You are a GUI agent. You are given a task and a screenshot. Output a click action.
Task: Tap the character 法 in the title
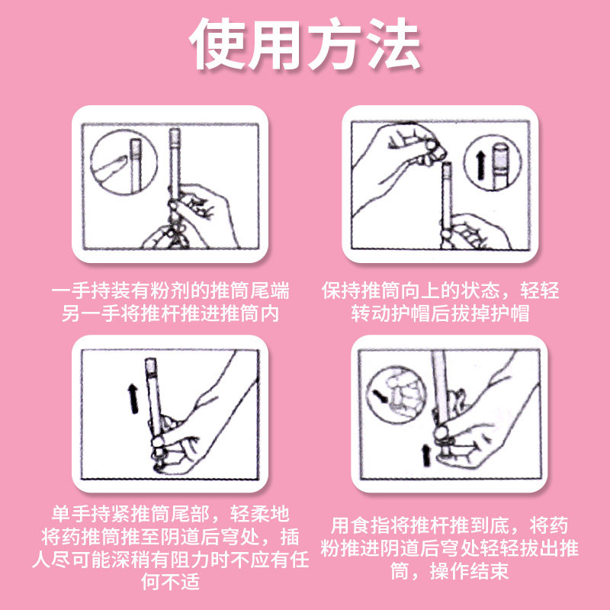(393, 44)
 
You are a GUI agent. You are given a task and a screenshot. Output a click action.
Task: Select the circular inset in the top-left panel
(124, 162)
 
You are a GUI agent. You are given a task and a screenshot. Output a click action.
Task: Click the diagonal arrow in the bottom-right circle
(380, 396)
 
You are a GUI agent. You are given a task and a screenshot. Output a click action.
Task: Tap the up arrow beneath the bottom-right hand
(426, 455)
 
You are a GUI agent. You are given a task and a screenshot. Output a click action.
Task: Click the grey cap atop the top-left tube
(175, 136)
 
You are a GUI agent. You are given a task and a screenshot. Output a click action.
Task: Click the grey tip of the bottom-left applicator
(150, 366)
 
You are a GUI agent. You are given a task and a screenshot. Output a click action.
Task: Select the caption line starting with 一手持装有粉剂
(170, 291)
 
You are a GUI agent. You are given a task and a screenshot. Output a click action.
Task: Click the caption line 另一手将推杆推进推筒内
(170, 313)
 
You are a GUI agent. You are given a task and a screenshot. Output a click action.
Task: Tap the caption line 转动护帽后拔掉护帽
(441, 313)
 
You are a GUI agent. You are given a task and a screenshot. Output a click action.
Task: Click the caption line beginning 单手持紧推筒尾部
(170, 514)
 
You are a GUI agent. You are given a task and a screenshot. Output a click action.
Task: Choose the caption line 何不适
(170, 582)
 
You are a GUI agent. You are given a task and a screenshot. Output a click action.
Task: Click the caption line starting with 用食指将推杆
(449, 525)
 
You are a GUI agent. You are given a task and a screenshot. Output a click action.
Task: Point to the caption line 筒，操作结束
(449, 570)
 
